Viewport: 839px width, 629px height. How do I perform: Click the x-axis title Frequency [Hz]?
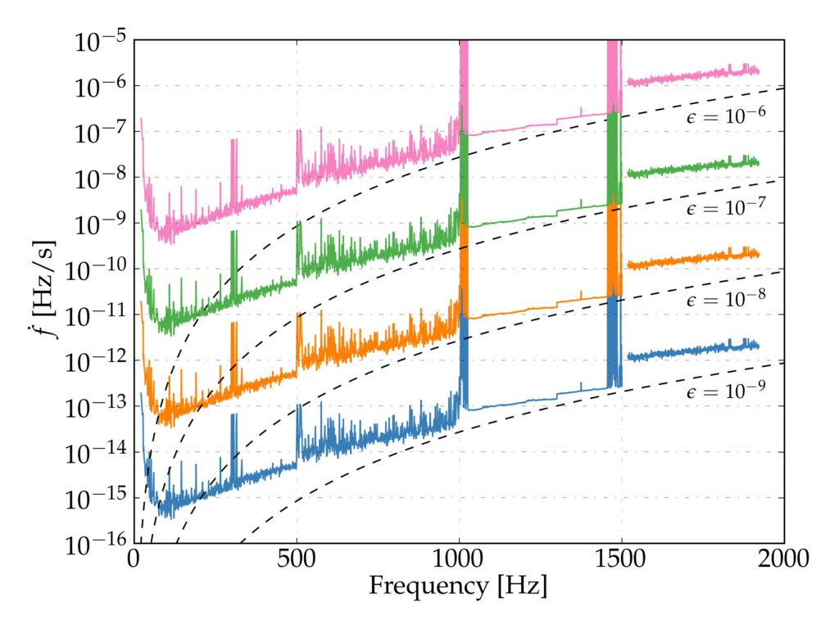tap(458, 586)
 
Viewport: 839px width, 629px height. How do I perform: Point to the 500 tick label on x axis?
tap(297, 560)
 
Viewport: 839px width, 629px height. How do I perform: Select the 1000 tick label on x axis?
tap(459, 560)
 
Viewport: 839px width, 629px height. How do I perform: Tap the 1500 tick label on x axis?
tap(621, 560)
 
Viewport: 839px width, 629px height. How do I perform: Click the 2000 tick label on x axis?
tap(783, 560)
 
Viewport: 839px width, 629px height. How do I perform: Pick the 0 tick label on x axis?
tap(134, 560)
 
